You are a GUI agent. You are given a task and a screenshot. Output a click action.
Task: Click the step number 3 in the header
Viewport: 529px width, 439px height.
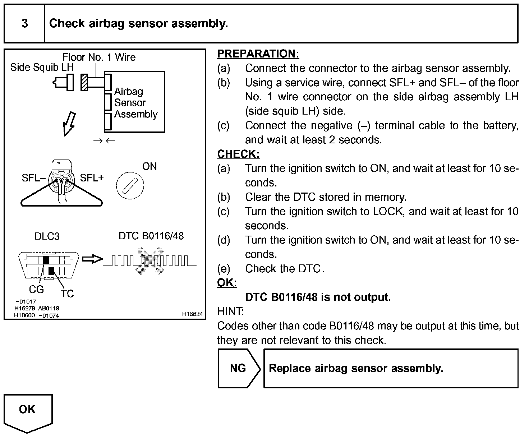click(x=24, y=24)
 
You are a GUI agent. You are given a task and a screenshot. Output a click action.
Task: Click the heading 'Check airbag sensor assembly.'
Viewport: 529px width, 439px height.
click(x=138, y=24)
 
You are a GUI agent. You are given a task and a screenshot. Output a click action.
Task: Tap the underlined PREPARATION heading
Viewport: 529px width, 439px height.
click(x=258, y=54)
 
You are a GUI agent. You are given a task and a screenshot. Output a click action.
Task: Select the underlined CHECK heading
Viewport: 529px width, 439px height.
click(x=238, y=154)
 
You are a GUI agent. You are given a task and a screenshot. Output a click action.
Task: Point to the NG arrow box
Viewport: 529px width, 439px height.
click(x=238, y=368)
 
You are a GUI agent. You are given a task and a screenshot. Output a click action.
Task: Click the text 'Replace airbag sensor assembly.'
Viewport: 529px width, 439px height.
click(x=356, y=369)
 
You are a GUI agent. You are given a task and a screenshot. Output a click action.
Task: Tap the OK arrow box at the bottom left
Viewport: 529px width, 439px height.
click(x=28, y=411)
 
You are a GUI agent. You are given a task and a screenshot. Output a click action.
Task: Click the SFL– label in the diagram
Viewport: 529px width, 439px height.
click(x=33, y=178)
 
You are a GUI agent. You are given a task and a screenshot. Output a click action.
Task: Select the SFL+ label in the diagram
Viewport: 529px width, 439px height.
click(x=92, y=178)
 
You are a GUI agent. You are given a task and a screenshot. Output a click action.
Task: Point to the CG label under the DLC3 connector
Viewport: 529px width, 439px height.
click(x=36, y=289)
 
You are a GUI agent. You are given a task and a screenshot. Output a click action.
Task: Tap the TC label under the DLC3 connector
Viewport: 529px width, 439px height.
click(x=67, y=294)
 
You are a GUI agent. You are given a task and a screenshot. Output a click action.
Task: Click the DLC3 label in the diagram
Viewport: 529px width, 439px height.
click(x=47, y=236)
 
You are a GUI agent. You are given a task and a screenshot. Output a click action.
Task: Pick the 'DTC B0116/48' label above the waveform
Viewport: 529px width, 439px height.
click(x=151, y=236)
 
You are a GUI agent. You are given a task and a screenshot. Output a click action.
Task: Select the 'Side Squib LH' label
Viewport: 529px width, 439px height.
click(x=42, y=67)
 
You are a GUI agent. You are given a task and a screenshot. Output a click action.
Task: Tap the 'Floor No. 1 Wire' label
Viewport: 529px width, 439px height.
click(x=99, y=57)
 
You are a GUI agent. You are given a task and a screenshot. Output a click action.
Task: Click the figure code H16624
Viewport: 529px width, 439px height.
click(x=192, y=314)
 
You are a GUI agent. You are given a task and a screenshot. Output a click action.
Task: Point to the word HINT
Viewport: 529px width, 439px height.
click(x=230, y=311)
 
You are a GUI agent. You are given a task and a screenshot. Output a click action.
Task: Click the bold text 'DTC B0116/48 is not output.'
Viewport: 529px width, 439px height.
click(x=318, y=297)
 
